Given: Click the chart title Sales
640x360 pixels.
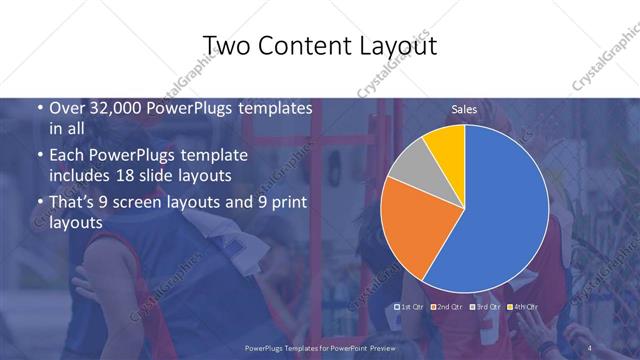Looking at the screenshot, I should [x=463, y=108].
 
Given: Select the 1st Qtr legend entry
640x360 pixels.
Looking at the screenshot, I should [x=410, y=306].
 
